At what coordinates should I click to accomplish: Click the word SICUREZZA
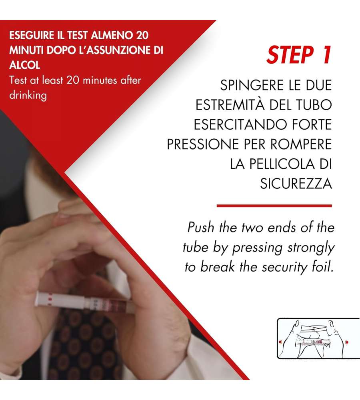point(296,184)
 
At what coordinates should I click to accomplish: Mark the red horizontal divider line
point(274,206)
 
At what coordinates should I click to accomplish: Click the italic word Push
point(200,227)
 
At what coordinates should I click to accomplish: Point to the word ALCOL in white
point(25,65)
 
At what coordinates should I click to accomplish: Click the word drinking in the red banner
point(28,96)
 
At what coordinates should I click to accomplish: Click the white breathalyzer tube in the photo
point(84,302)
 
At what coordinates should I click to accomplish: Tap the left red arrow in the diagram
point(280,341)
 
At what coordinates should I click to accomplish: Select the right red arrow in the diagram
point(346,342)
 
